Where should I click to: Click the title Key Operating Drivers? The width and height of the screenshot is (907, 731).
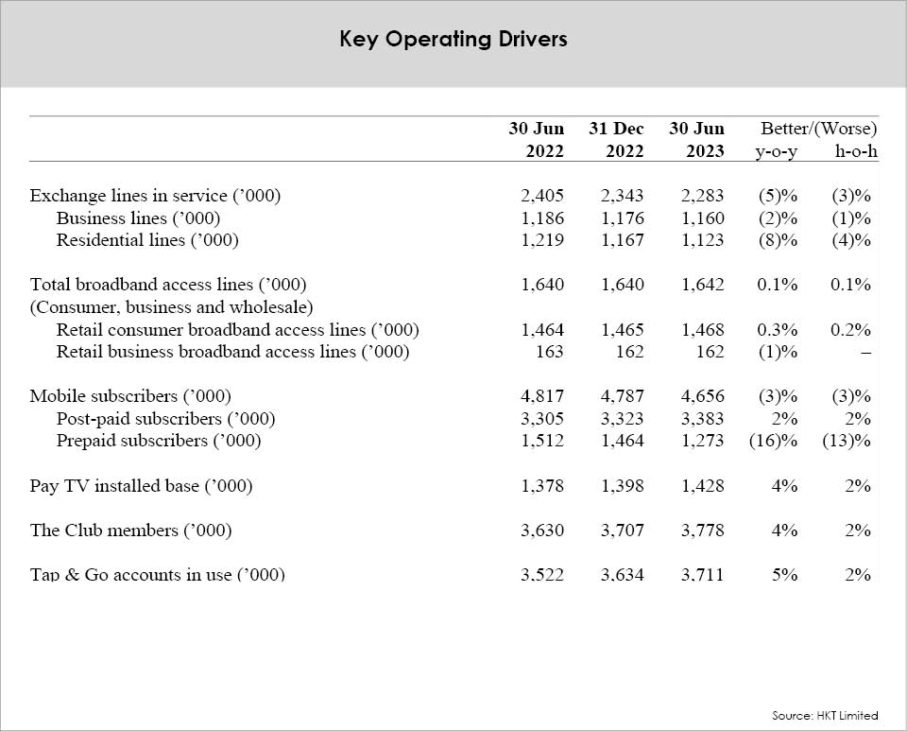coord(453,40)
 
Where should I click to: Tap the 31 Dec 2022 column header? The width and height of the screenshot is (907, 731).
coord(616,140)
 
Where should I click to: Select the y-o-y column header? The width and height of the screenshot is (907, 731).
coord(777,151)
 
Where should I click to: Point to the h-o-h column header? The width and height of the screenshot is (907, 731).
coord(856,151)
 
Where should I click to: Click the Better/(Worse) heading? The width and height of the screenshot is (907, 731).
coord(818,128)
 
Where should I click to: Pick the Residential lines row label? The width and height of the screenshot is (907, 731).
coord(147,240)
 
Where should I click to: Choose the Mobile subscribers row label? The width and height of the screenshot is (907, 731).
coord(130,396)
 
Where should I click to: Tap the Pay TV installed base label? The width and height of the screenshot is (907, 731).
coord(141,485)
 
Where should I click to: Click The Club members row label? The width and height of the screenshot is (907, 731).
coord(130,531)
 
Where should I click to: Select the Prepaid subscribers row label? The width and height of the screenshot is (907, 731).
coord(159,441)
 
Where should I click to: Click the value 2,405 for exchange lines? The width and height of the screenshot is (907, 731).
coord(542,196)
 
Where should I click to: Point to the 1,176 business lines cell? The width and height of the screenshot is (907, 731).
coord(623,218)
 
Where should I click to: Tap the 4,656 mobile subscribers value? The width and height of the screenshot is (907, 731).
coord(702,396)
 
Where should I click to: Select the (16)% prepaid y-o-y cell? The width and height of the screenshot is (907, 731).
coord(774,441)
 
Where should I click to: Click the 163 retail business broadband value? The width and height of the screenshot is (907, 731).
coord(550,352)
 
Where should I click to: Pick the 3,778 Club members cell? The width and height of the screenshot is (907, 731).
coord(702,531)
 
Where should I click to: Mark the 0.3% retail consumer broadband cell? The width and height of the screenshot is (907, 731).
coord(778,330)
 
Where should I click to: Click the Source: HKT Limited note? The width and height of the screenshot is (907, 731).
coord(825,715)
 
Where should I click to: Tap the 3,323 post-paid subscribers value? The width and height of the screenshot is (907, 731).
coord(623,419)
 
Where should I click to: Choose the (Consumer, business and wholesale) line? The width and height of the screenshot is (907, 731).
coord(171,307)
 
